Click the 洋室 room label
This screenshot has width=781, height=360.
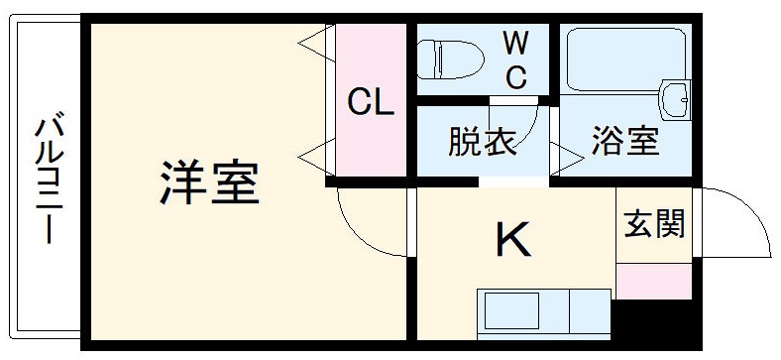point(210,182)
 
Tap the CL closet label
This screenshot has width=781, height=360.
point(371,102)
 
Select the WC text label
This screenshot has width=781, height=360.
point(515,60)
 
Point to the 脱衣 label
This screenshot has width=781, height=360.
point(483,142)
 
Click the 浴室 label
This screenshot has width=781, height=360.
point(625,142)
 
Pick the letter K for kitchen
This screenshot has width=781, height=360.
point(511,238)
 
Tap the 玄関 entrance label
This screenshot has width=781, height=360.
point(654,225)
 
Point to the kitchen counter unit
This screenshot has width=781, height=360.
point(543,313)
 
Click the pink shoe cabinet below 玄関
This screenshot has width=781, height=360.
point(654,281)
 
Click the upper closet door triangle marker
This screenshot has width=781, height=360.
point(314,42)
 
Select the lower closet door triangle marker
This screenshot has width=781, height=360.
point(314,154)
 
